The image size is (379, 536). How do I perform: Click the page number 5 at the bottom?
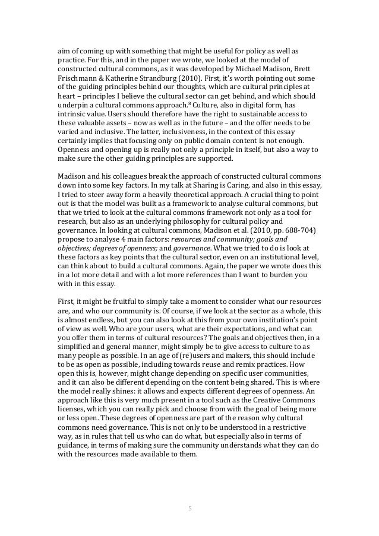pos(190,508)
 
